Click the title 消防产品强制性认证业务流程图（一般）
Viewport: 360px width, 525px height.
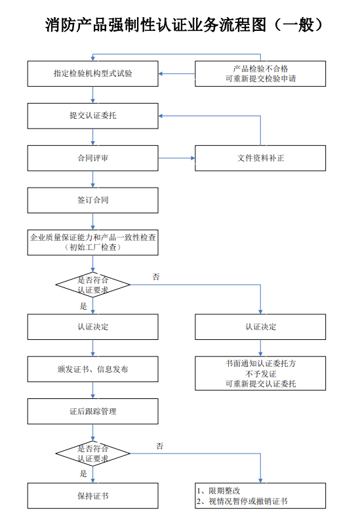pyautogui.click(x=184, y=25)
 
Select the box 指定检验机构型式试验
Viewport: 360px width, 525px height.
pyautogui.click(x=92, y=73)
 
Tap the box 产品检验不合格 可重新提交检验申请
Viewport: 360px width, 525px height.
pyautogui.click(x=260, y=73)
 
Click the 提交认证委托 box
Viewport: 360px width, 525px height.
pyautogui.click(x=92, y=116)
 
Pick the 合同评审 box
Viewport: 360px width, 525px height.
pyautogui.click(x=92, y=158)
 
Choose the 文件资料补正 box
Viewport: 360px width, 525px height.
pyautogui.click(x=260, y=158)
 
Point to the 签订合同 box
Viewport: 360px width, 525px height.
pyautogui.click(x=92, y=200)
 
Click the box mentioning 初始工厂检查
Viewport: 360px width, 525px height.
pyautogui.click(x=92, y=242)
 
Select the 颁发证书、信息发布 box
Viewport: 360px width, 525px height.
pyautogui.click(x=92, y=369)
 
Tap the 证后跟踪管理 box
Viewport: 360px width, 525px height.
pyautogui.click(x=92, y=411)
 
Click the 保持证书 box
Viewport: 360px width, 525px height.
pyautogui.click(x=92, y=495)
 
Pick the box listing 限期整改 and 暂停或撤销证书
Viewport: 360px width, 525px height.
pyautogui.click(x=260, y=495)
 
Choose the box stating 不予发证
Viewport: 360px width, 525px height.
pyautogui.click(x=260, y=373)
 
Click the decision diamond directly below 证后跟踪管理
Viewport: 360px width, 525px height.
pyautogui.click(x=92, y=453)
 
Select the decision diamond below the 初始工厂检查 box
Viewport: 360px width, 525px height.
pyautogui.click(x=92, y=285)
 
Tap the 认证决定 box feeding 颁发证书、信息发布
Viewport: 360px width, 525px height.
pyautogui.click(x=92, y=327)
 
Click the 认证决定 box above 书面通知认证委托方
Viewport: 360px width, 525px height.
pyautogui.click(x=260, y=327)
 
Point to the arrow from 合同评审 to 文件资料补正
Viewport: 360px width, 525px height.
pyautogui.click(x=176, y=158)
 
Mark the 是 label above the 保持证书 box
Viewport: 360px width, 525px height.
pyautogui.click(x=83, y=473)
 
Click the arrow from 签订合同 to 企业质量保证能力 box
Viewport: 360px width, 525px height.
pyautogui.click(x=92, y=221)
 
